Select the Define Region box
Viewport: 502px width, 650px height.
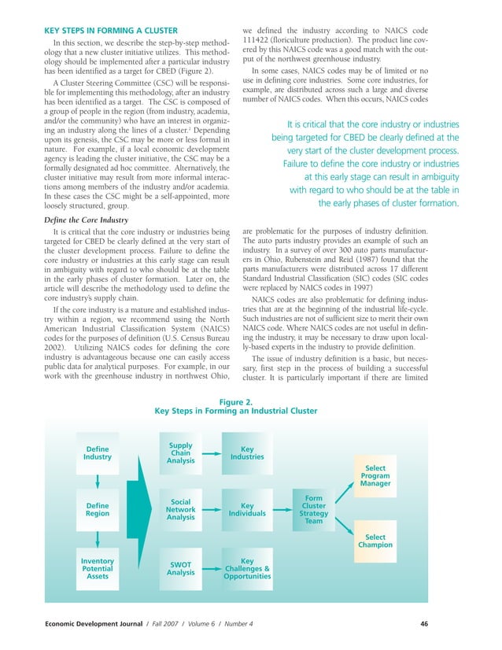click(98, 509)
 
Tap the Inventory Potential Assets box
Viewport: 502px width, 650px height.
click(98, 567)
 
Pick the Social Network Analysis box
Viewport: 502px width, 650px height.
click(181, 509)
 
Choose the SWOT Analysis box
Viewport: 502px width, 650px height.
click(181, 568)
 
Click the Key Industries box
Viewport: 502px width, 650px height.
click(246, 453)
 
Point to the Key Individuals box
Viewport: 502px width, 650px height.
click(246, 509)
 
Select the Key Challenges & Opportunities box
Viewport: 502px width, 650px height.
click(246, 568)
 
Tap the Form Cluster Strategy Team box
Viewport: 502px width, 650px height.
click(314, 509)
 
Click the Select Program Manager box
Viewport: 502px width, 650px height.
click(375, 476)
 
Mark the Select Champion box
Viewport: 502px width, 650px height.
click(375, 541)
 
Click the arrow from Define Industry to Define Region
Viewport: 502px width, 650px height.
click(98, 481)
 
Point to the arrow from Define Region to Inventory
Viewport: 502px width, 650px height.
click(98, 538)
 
